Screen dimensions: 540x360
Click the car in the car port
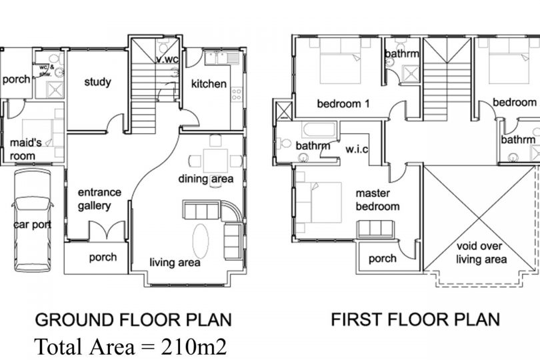(33, 221)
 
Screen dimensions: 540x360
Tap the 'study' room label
(98, 83)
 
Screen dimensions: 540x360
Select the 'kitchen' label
(209, 84)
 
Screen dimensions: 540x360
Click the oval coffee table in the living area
(201, 241)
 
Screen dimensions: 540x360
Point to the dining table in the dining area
(215, 161)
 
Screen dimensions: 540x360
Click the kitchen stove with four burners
(236, 94)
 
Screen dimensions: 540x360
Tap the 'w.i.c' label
(357, 149)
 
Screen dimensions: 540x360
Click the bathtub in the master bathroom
(319, 130)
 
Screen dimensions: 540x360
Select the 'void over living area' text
(481, 253)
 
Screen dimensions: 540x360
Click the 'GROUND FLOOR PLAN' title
(133, 320)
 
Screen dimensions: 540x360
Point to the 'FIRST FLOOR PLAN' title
(415, 319)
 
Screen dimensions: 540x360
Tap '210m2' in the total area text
(194, 347)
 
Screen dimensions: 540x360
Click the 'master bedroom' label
(377, 200)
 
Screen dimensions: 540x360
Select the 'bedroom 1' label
(343, 103)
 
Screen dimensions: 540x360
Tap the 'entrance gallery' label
(99, 199)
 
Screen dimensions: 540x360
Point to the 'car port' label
(33, 225)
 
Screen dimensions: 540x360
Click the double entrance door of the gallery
(107, 230)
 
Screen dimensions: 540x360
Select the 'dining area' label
(205, 179)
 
